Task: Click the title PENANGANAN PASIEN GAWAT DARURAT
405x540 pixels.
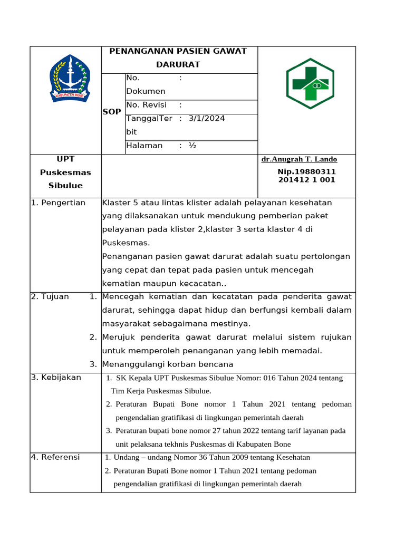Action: [x=178, y=57]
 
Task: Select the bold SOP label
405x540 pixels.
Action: [x=112, y=112]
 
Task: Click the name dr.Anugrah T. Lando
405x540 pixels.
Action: [x=299, y=159]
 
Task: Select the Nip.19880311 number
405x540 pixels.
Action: [x=306, y=172]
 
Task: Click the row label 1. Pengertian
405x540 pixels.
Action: [x=58, y=203]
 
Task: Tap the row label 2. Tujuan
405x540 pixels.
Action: [x=50, y=296]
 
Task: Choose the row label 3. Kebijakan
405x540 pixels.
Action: [x=56, y=378]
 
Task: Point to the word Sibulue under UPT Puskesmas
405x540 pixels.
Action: [x=65, y=186]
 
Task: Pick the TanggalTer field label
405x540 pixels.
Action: [x=149, y=118]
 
